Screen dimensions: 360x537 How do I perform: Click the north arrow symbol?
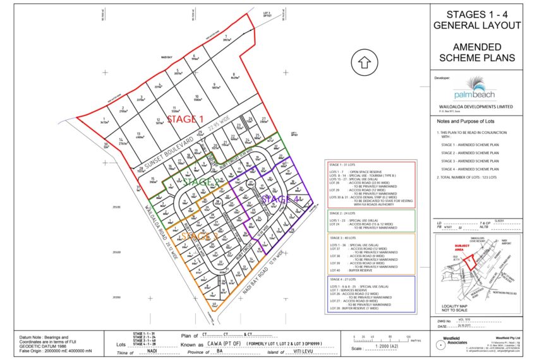coord(364,63)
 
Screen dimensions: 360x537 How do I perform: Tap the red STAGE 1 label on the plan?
coord(185,119)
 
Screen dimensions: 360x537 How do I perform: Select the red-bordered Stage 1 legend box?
coord(370,184)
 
